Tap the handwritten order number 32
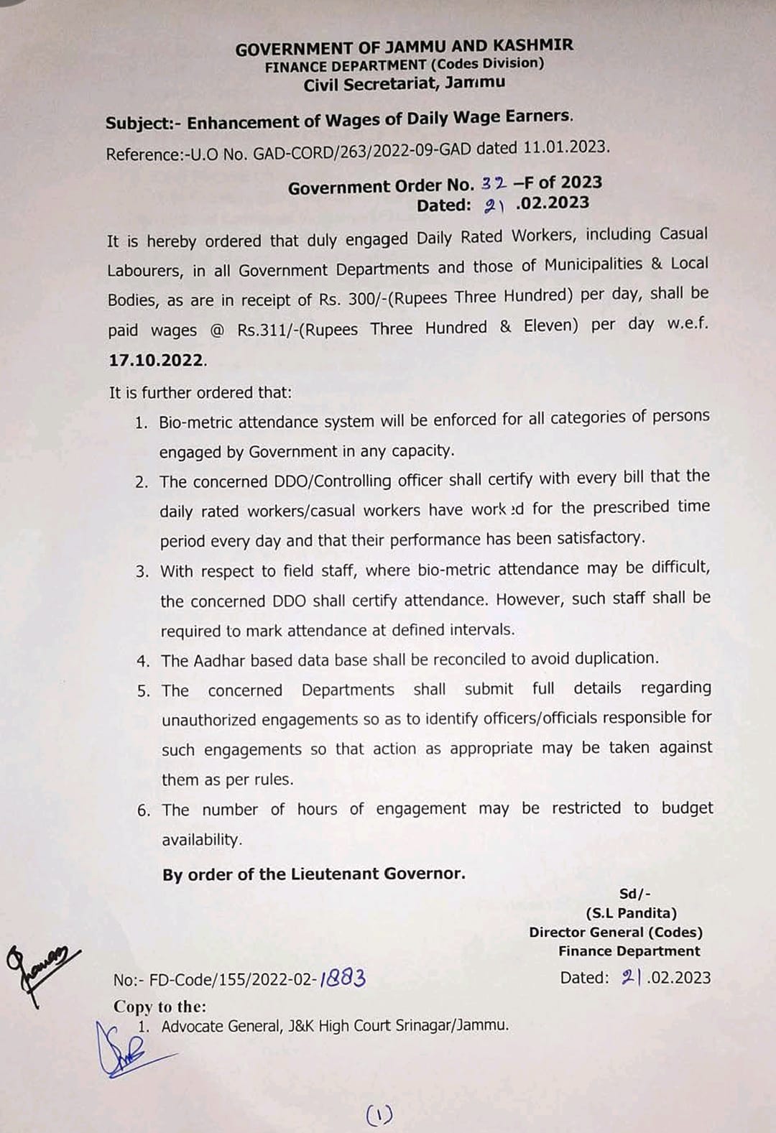pos(494,183)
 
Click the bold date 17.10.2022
pos(157,360)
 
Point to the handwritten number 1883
pos(343,978)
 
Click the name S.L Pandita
pos(631,913)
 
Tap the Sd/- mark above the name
pos(634,894)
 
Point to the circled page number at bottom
pos(379,1114)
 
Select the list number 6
pos(143,810)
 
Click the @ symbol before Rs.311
pos(217,330)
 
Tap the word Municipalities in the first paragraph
pos(593,264)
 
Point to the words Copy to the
pos(160,1007)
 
